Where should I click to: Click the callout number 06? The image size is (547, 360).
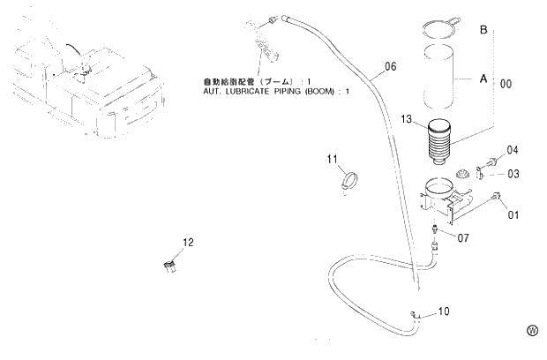tap(391, 66)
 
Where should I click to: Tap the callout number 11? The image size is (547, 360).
tap(333, 160)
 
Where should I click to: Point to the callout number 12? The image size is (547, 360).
tap(188, 242)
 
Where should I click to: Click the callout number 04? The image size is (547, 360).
tap(512, 151)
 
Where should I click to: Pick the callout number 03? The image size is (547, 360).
tap(513, 174)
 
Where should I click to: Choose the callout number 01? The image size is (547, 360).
tap(513, 213)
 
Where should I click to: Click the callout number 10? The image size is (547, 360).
tap(444, 311)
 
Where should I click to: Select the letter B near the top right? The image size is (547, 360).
tap(483, 30)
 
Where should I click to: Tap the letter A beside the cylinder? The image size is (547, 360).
tap(483, 79)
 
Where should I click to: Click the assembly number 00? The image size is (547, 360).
tap(506, 84)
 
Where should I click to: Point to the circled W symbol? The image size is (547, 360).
tap(532, 330)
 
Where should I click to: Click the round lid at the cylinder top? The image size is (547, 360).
tap(438, 28)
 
